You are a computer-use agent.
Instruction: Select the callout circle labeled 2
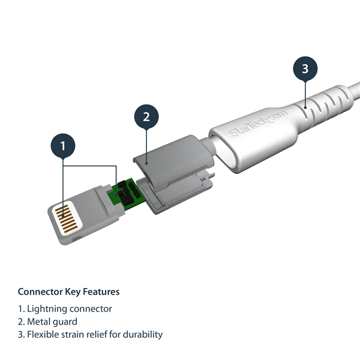coord(146,116)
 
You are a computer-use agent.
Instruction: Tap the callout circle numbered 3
coord(305,69)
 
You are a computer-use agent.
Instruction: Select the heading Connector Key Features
coord(68,292)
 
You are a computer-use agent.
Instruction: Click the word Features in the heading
coord(101,292)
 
